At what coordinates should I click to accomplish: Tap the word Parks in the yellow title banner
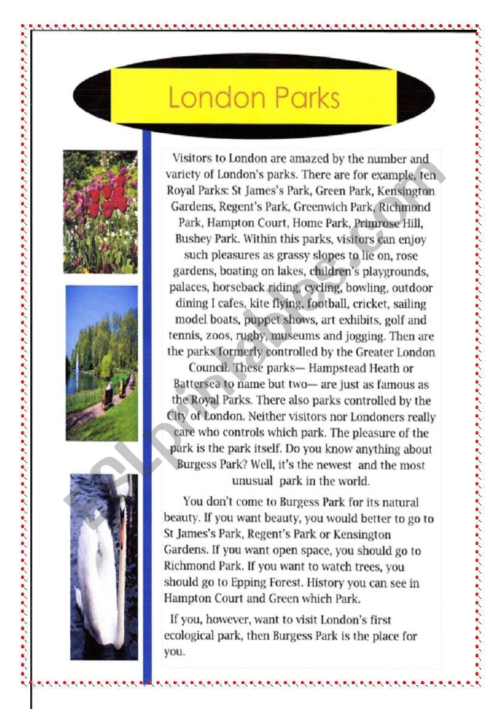(x=306, y=98)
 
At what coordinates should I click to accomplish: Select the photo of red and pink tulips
(x=100, y=212)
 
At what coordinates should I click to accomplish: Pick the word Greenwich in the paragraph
(x=325, y=207)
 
